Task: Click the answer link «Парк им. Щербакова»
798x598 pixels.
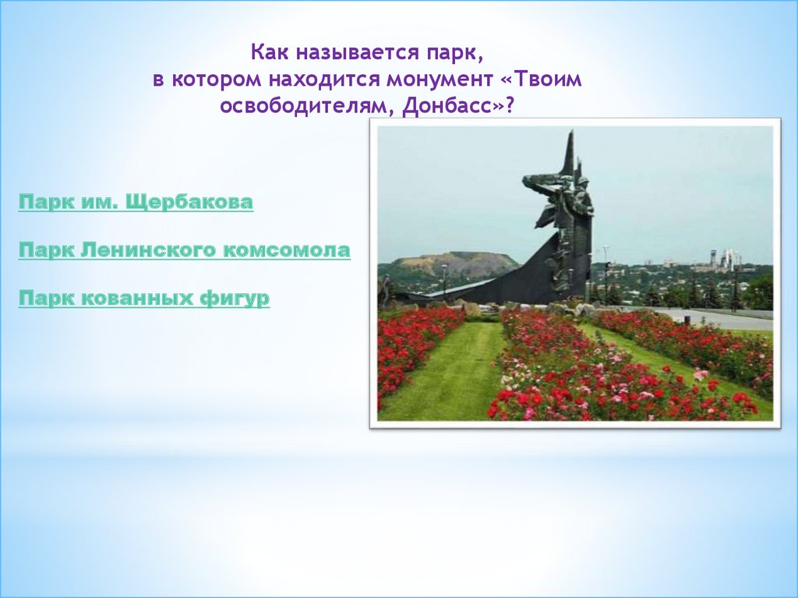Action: point(136,202)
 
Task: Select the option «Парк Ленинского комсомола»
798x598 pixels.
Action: point(184,250)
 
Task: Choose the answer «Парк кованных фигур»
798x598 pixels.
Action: point(144,298)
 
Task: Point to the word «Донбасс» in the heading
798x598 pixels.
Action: point(449,106)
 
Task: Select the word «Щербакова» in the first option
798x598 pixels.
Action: point(189,202)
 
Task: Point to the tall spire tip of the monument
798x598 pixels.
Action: point(571,133)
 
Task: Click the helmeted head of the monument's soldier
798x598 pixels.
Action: point(583,182)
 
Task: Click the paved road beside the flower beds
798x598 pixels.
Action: point(722,318)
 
